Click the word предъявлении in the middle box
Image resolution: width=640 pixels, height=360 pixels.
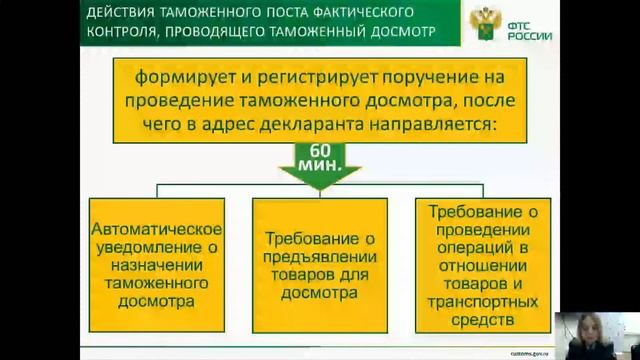[x=320, y=258]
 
